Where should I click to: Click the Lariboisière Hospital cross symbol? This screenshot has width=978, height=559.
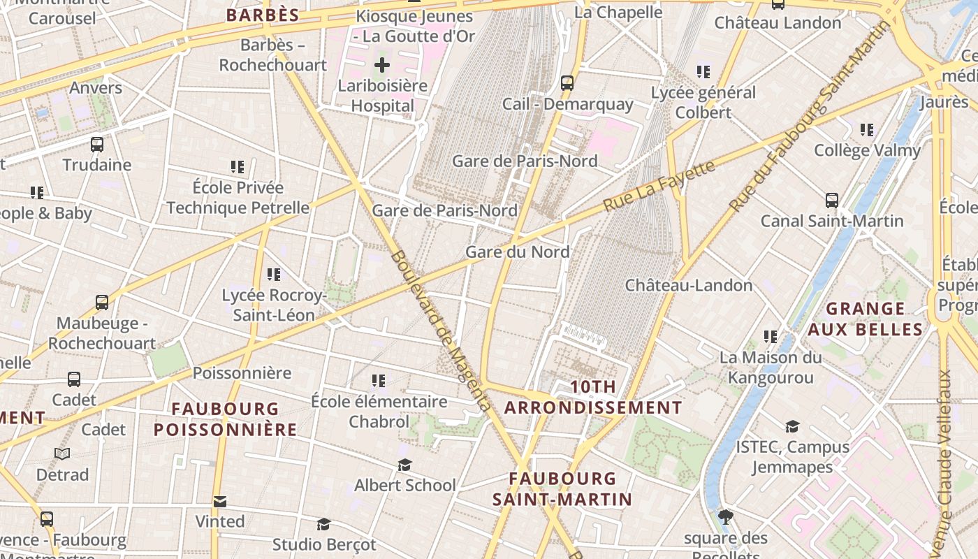[x=381, y=66]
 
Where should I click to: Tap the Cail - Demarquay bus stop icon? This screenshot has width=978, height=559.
[x=567, y=83]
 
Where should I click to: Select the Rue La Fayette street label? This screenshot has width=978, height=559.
[x=659, y=186]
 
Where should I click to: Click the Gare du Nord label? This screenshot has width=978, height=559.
[x=517, y=252]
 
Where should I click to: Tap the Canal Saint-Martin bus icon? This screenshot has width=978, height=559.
[x=831, y=201]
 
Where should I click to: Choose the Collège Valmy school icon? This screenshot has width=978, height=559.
[x=867, y=129]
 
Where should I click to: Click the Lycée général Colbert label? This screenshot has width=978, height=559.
[x=703, y=102]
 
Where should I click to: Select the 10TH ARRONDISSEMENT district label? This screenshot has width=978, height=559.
[x=593, y=397]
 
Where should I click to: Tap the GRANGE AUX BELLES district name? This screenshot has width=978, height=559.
[x=866, y=319]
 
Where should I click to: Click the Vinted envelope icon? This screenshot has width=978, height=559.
[x=220, y=501]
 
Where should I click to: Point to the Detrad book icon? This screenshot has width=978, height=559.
[x=62, y=454]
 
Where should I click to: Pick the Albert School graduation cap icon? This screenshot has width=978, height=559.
[x=404, y=465]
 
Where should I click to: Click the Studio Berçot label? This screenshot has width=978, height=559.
[x=324, y=544]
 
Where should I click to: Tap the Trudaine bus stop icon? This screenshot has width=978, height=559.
[x=97, y=145]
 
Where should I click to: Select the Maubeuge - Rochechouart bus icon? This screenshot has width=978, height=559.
[x=102, y=303]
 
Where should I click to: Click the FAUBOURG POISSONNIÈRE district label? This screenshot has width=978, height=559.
[x=225, y=419]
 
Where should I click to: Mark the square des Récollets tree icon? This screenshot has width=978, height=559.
[x=726, y=517]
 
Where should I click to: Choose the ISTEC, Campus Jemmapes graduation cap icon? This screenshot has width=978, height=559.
[x=792, y=426]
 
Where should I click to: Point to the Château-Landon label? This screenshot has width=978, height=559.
[x=688, y=285]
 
